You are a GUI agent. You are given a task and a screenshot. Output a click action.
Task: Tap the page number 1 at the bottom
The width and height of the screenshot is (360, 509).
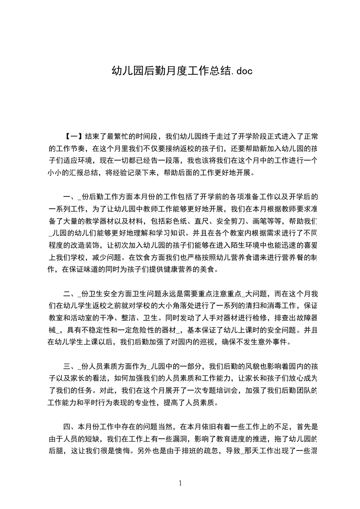pos(180,483)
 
